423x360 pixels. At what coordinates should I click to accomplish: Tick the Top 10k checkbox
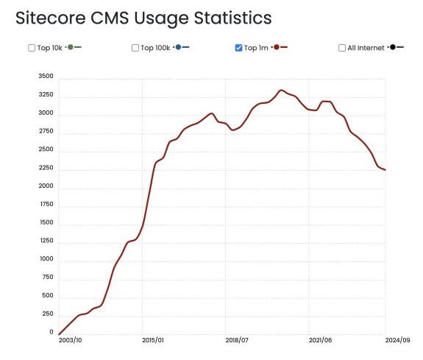tap(32, 48)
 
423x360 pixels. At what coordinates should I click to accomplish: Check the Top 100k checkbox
tap(135, 48)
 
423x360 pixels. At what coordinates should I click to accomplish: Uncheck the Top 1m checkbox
tap(238, 48)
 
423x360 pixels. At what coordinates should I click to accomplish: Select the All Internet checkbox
tap(342, 48)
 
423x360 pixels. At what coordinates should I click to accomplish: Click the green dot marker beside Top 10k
tap(71, 47)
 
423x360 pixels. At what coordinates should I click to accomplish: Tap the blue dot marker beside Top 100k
tap(178, 47)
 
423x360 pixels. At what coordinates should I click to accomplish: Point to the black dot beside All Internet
tap(394, 47)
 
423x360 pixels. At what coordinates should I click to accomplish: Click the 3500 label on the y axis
tap(46, 77)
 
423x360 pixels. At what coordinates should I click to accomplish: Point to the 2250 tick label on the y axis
tap(46, 168)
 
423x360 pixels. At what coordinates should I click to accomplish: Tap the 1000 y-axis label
tap(46, 259)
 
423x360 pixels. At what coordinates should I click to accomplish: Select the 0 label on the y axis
tap(51, 332)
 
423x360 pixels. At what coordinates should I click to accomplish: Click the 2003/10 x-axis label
tap(70, 340)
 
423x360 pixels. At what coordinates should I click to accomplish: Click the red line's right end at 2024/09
tap(385, 170)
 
